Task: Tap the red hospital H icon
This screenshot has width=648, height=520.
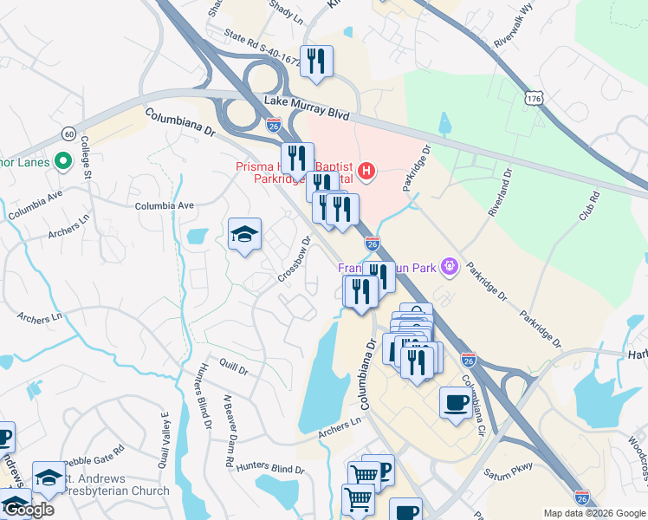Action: (366, 170)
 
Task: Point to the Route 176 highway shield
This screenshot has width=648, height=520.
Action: (532, 100)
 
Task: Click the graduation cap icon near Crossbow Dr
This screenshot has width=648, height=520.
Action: (245, 234)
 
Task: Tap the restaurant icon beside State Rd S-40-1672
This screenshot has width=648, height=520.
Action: (316, 61)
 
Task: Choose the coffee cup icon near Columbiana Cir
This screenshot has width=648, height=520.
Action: (456, 401)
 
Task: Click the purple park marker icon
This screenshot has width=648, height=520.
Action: (449, 265)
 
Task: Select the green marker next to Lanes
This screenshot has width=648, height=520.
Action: (62, 161)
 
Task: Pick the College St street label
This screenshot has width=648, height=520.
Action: (86, 157)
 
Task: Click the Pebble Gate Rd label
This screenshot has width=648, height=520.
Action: (94, 452)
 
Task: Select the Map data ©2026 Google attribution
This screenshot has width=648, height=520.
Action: (594, 513)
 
